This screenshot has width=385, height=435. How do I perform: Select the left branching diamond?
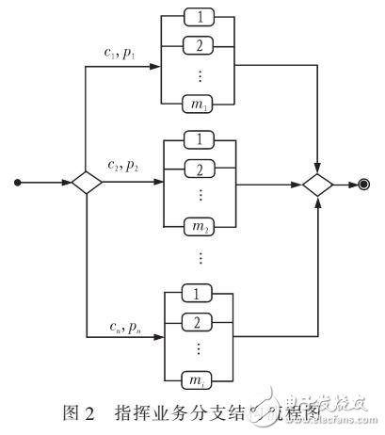(86, 183)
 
